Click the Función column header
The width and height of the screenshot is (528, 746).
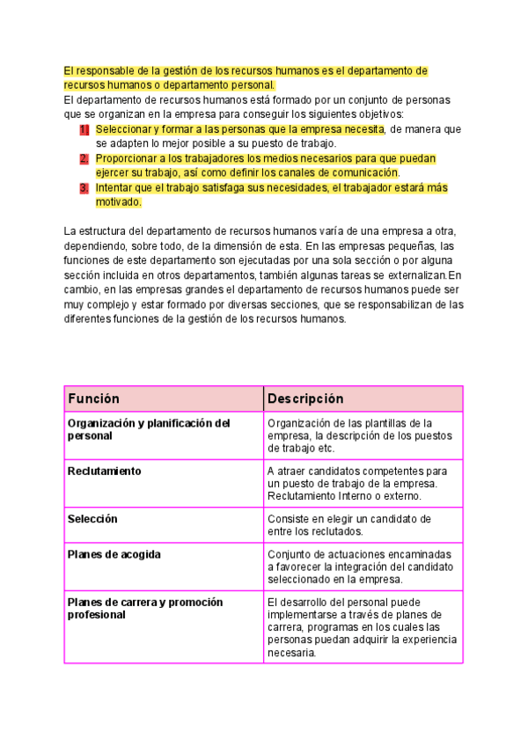click(x=94, y=399)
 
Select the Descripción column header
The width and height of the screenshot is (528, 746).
click(x=305, y=399)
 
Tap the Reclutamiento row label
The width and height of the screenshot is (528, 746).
click(x=104, y=471)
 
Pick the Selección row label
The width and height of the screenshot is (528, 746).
click(x=92, y=519)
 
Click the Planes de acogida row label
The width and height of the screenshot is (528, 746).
click(x=114, y=555)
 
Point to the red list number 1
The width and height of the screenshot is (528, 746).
click(x=84, y=129)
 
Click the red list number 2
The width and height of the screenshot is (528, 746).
click(x=84, y=158)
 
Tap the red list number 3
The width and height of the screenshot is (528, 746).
click(x=84, y=187)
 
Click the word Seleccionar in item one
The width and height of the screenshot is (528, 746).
click(x=124, y=129)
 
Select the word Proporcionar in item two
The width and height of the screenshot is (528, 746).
click(x=128, y=158)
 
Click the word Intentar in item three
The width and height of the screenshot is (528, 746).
click(x=116, y=187)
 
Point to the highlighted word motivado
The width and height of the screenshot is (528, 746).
click(x=118, y=201)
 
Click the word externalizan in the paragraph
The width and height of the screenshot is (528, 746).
click(x=406, y=274)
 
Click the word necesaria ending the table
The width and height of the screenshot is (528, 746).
click(x=291, y=654)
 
